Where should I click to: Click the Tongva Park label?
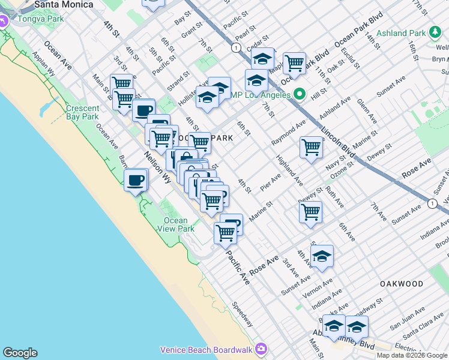[x=32, y=19]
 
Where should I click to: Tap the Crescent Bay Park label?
[x=83, y=113]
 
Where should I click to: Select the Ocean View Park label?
[x=179, y=224]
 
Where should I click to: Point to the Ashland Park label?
[x=405, y=34]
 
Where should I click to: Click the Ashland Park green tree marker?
[x=435, y=32]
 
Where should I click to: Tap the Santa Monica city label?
[x=64, y=4]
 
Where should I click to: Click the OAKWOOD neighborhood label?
[x=401, y=283]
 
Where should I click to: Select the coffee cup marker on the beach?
[x=136, y=179]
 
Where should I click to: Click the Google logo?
[x=20, y=353]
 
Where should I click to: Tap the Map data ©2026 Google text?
[x=412, y=355]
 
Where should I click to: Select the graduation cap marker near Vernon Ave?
[x=322, y=256]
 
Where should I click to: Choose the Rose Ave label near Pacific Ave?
[x=264, y=265]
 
